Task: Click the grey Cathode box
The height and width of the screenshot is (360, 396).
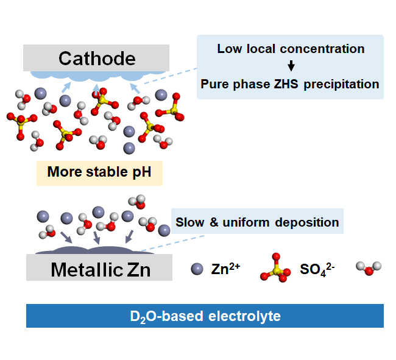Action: click(96, 58)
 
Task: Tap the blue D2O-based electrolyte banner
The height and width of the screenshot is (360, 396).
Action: click(205, 316)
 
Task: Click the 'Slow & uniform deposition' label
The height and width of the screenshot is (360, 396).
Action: click(257, 222)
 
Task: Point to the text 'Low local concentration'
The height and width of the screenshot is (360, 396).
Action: click(291, 49)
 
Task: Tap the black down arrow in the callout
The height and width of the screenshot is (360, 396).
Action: click(291, 66)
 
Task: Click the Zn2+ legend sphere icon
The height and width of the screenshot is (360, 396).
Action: click(196, 269)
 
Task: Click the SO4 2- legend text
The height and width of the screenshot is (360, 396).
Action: click(317, 269)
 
